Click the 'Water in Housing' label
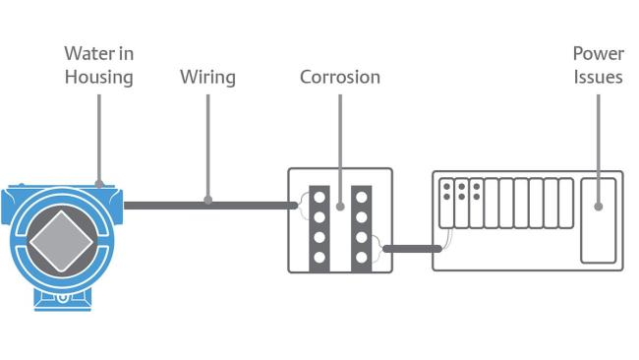click(x=98, y=64)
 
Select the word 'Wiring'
click(x=207, y=76)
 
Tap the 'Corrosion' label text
click(x=339, y=76)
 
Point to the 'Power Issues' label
click(x=598, y=64)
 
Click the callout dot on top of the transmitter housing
click(x=98, y=182)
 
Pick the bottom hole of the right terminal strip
click(x=361, y=258)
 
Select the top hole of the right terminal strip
click(x=361, y=195)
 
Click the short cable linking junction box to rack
click(x=412, y=248)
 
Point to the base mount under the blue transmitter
click(x=61, y=296)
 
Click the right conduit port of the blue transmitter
click(x=119, y=204)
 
